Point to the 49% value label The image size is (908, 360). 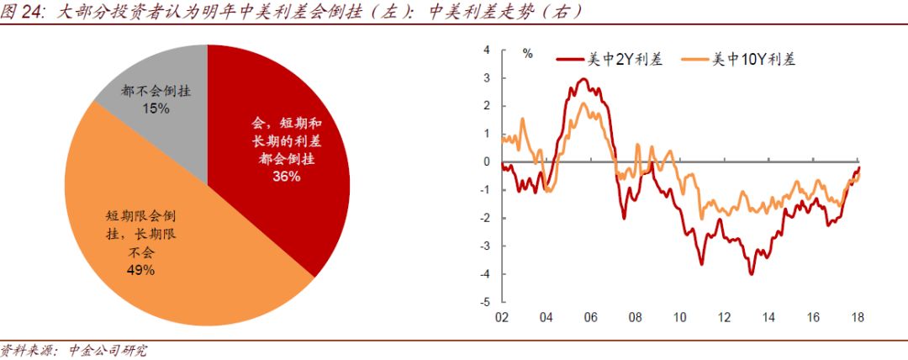tap(141, 269)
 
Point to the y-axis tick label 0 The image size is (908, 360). tap(487, 161)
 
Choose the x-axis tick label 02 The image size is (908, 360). tap(502, 318)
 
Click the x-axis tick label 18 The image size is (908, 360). tap(858, 318)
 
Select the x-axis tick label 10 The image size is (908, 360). tap(679, 318)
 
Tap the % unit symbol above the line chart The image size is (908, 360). tap(528, 53)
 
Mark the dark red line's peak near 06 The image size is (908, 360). tap(583, 79)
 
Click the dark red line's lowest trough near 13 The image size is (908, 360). tap(751, 274)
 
